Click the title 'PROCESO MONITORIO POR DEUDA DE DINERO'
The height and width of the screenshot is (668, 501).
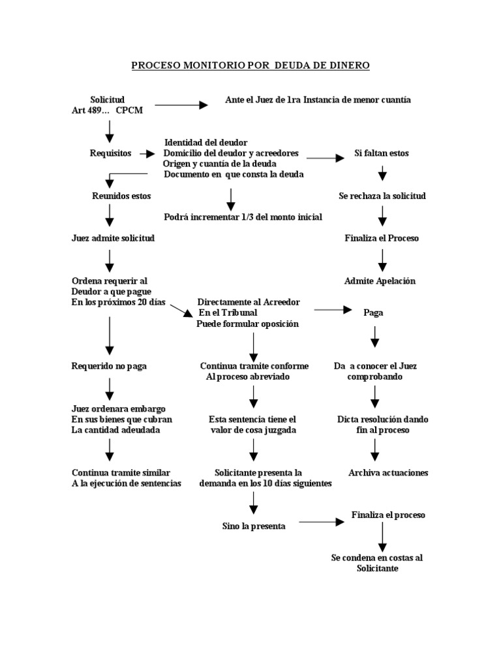coord(250,65)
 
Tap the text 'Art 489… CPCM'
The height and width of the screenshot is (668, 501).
coord(107,110)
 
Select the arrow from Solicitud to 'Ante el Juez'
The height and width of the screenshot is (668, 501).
coord(181,104)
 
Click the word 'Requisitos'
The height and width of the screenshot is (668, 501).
coord(110,153)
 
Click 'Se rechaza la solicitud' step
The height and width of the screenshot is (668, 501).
coord(382,196)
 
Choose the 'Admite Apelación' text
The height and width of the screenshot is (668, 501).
coord(380,281)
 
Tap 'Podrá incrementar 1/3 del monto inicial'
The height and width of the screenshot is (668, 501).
coord(243,217)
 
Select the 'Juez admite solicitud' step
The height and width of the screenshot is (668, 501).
coord(113,238)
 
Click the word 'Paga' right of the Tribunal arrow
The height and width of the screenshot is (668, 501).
coord(373,312)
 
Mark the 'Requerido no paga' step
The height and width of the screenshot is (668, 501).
coord(109,366)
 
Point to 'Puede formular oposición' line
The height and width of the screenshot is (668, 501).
coord(247,324)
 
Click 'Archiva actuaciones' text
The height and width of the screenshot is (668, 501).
coord(388,472)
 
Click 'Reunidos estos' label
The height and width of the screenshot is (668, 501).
coord(121,196)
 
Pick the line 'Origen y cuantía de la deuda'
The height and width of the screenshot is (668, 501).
coord(220,163)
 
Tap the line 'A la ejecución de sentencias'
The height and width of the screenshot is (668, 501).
coord(126,483)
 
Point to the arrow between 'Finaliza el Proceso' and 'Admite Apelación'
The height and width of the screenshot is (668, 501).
coord(383,259)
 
